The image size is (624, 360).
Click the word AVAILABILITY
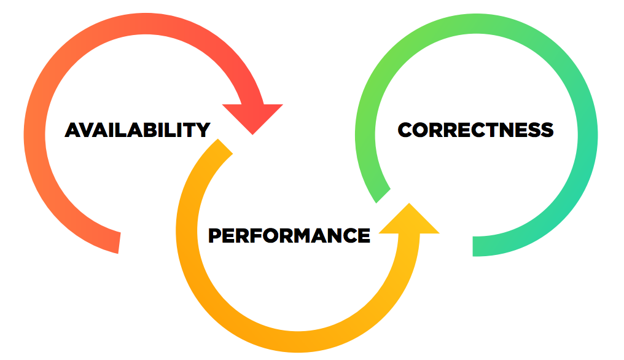pos(138,130)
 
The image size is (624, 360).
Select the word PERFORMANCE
pos(289,235)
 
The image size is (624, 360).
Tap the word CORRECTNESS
pos(475,130)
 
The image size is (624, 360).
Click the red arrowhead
pos(252,115)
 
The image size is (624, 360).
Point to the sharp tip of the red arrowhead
pos(252,135)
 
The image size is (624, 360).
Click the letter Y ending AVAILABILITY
pos(202,130)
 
